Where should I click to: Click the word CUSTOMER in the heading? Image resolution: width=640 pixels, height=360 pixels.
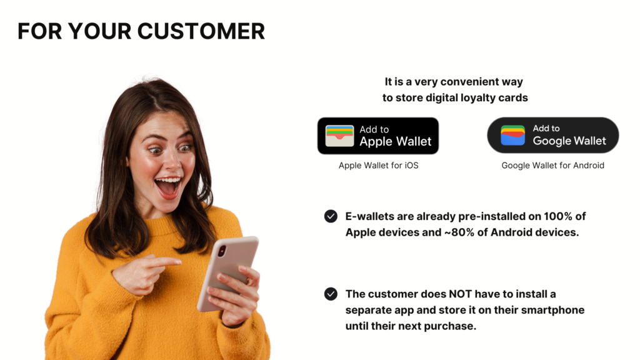click(x=201, y=31)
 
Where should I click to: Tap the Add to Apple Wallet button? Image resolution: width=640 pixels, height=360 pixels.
click(x=378, y=136)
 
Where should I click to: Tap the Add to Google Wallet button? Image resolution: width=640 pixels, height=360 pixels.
click(x=553, y=136)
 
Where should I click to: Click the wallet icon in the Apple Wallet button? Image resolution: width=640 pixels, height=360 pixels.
click(x=339, y=136)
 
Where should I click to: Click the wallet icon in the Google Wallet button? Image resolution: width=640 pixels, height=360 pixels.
click(x=512, y=135)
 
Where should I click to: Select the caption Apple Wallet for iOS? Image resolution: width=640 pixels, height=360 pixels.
click(x=378, y=165)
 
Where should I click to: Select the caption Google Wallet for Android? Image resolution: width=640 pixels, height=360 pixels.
click(x=552, y=165)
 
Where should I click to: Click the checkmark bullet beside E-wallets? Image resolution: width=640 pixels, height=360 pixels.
click(x=331, y=216)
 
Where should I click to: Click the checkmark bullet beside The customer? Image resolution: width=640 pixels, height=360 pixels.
click(x=331, y=294)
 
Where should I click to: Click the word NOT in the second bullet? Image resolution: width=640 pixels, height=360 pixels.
click(x=461, y=294)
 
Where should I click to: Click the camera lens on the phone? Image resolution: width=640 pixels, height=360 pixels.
click(x=222, y=251)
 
